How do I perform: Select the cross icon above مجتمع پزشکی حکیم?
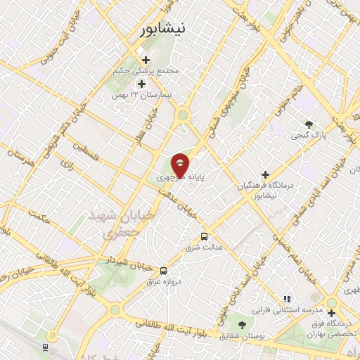point(146,60)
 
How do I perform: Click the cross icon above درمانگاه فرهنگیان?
point(265,174)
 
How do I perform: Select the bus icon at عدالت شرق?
point(205,236)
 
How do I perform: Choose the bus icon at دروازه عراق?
point(164,270)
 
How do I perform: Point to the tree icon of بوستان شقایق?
point(242,324)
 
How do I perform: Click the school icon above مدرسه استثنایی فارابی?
point(286,299)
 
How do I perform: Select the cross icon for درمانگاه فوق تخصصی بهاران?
point(330,313)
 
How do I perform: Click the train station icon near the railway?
point(45,347)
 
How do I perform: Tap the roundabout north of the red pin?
point(183,115)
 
